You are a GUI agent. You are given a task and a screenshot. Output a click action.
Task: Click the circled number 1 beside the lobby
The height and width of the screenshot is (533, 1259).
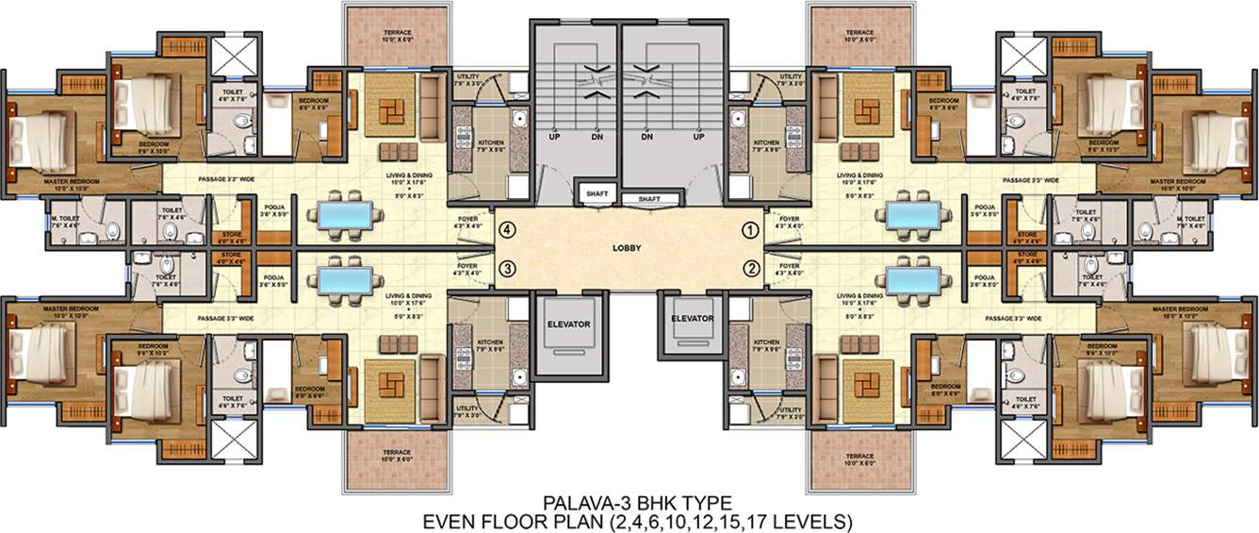[751, 228]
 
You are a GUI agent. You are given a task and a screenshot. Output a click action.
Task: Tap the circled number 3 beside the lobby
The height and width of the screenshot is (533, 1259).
[507, 268]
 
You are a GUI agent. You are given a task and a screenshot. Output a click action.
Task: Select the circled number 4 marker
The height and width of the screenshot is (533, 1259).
[507, 228]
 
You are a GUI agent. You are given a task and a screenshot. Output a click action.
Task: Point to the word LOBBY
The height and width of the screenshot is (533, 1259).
[626, 248]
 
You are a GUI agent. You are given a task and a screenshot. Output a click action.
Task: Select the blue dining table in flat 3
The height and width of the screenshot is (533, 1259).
[345, 280]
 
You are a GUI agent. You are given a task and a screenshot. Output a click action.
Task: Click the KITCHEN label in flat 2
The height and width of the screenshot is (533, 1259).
[766, 342]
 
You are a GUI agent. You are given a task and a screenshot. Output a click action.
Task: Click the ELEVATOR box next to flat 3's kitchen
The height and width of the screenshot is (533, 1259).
[568, 325]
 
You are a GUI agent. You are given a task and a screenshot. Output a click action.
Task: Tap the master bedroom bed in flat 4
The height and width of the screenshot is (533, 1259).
[38, 137]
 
